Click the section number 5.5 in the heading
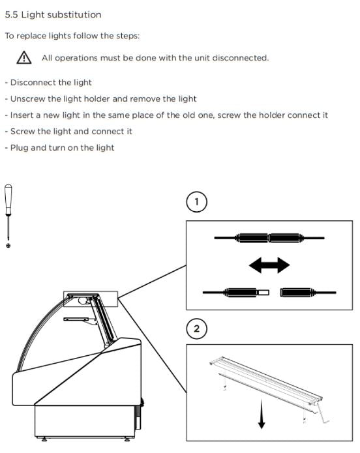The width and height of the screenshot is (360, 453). point(11,15)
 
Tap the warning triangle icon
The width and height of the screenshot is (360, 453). point(24,57)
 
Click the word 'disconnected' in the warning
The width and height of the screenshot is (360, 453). point(240,58)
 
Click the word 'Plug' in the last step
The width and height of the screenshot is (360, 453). point(20,148)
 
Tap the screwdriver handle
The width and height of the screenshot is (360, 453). point(8,200)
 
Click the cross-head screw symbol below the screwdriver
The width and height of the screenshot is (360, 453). point(8,246)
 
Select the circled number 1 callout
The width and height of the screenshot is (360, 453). point(196,201)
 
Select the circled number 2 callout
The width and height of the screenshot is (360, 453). point(196,329)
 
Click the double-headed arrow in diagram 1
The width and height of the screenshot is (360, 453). point(269,265)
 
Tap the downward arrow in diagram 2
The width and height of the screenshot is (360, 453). point(262,414)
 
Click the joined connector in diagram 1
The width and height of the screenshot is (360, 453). point(269,238)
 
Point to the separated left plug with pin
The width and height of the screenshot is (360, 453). point(236,293)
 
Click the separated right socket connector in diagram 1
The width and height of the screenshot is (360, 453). point(308,293)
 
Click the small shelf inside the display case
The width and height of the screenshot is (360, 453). point(76,319)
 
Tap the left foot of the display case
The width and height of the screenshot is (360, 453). point(44,439)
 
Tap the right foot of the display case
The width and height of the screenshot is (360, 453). point(127,439)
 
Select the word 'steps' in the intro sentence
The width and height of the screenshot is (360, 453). point(128,36)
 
